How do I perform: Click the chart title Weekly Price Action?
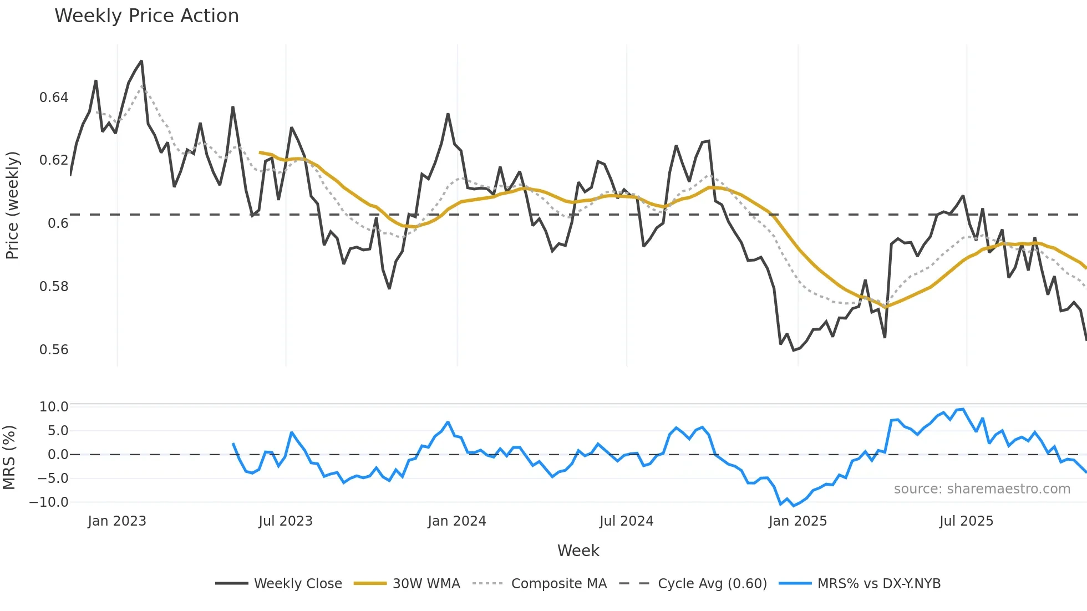(x=146, y=16)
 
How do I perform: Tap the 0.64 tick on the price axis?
(x=54, y=98)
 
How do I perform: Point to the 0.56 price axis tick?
(x=54, y=350)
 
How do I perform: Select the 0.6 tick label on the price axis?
(x=58, y=223)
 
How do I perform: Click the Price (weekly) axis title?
(x=12, y=205)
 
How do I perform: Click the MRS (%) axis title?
(x=9, y=457)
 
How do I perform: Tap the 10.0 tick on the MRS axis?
(x=54, y=407)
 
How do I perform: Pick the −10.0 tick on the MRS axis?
(x=49, y=502)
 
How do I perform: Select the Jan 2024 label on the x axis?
(x=456, y=521)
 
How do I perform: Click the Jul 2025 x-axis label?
(x=966, y=521)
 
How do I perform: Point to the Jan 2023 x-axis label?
(x=117, y=521)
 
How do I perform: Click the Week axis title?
(x=578, y=551)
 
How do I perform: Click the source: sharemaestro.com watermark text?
(x=982, y=489)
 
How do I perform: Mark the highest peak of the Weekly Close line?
(x=141, y=61)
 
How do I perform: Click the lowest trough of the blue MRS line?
(x=793, y=506)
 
